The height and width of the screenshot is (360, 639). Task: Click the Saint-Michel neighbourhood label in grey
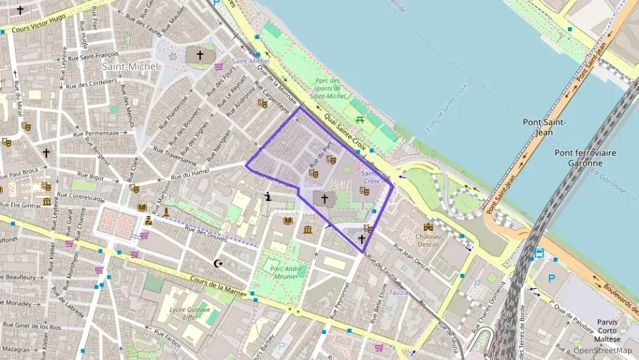click(x=130, y=66)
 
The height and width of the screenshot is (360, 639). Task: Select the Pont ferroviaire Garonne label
click(x=578, y=158)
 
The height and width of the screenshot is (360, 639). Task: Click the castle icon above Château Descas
click(x=429, y=226)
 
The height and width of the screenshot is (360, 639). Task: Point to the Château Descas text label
click(x=428, y=240)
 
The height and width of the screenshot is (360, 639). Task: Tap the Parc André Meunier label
click(x=286, y=272)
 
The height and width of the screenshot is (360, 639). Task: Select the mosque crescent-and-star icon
click(x=218, y=264)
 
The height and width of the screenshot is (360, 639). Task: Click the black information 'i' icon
click(x=268, y=197)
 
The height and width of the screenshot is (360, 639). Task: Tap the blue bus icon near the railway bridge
click(x=539, y=252)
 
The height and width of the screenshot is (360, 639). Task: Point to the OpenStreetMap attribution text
click(x=601, y=350)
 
